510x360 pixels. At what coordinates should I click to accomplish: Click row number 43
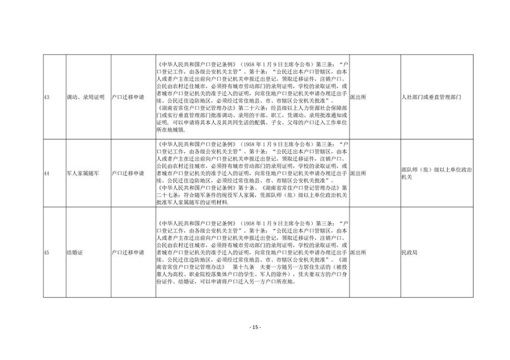[46, 97]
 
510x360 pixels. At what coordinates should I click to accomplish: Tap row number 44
[46, 173]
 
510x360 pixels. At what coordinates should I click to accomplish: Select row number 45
[46, 252]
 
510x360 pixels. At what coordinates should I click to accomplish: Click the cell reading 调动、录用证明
[86, 97]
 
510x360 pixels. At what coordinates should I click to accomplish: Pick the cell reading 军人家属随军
[83, 173]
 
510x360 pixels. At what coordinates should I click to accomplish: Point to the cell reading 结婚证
[74, 252]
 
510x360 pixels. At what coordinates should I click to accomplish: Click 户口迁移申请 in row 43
[128, 97]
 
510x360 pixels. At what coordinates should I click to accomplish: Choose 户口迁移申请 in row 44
[128, 173]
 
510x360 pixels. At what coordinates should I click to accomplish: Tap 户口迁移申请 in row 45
[128, 252]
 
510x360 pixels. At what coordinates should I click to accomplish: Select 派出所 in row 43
[358, 97]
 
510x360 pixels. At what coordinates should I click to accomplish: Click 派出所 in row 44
[358, 173]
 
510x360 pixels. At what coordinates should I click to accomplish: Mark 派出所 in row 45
[358, 252]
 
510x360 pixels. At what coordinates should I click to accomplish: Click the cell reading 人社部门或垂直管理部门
[431, 97]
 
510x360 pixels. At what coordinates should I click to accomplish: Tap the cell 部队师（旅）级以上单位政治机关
[437, 173]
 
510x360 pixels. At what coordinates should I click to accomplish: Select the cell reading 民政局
[410, 252]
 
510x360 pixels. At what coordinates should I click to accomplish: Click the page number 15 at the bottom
[255, 327]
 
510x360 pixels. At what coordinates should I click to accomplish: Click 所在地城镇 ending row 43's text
[170, 130]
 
